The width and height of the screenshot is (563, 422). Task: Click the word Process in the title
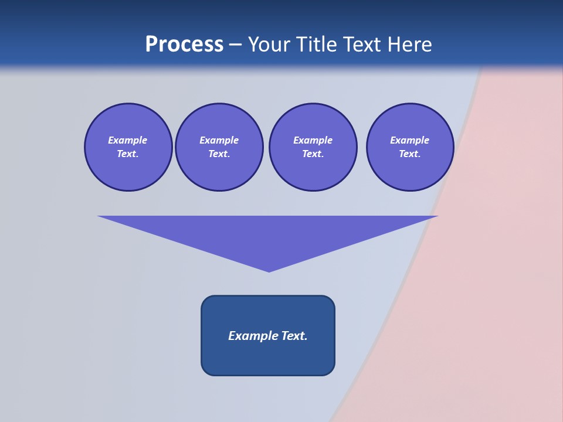coord(184,45)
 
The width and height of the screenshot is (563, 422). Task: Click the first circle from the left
coord(128,147)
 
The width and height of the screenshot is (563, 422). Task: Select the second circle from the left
coord(219,147)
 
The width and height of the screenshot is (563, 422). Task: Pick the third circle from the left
coord(313,147)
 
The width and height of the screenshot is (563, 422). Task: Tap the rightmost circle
coord(409,147)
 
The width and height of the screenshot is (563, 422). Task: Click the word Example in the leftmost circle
coord(128,140)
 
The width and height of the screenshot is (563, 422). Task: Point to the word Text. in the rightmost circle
coord(409,154)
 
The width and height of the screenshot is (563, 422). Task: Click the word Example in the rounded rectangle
coord(253,336)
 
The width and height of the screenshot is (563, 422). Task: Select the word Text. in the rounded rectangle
coord(294,336)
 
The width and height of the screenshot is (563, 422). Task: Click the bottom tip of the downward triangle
coord(269,270)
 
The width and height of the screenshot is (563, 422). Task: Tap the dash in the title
coord(235,45)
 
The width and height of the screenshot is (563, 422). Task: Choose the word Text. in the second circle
coord(219,154)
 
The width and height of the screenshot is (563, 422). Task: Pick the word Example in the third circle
coord(313,140)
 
